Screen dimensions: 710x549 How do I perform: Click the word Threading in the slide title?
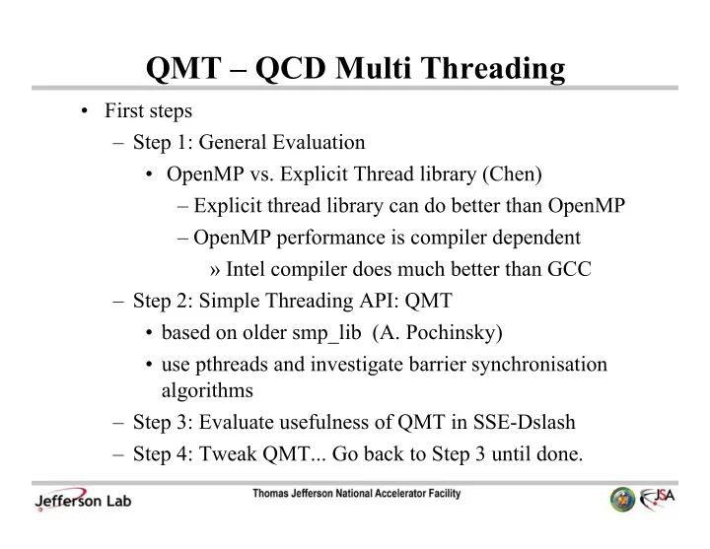494,69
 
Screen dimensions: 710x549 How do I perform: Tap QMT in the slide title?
183,69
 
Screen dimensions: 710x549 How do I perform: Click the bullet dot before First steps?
84,111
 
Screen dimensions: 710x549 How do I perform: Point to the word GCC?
569,269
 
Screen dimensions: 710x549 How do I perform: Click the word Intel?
246,269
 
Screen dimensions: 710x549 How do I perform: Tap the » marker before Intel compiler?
215,270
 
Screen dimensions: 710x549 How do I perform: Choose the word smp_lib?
326,333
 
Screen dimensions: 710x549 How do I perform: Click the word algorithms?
207,390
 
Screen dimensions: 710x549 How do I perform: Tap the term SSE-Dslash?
524,422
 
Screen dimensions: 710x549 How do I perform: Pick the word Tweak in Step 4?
228,453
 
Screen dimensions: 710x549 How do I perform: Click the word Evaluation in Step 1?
319,142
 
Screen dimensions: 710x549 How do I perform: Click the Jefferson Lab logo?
83,500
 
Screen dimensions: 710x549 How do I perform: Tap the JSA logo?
657,499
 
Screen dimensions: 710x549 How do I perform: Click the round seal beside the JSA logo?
622,499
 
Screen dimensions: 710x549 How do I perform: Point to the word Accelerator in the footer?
399,493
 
